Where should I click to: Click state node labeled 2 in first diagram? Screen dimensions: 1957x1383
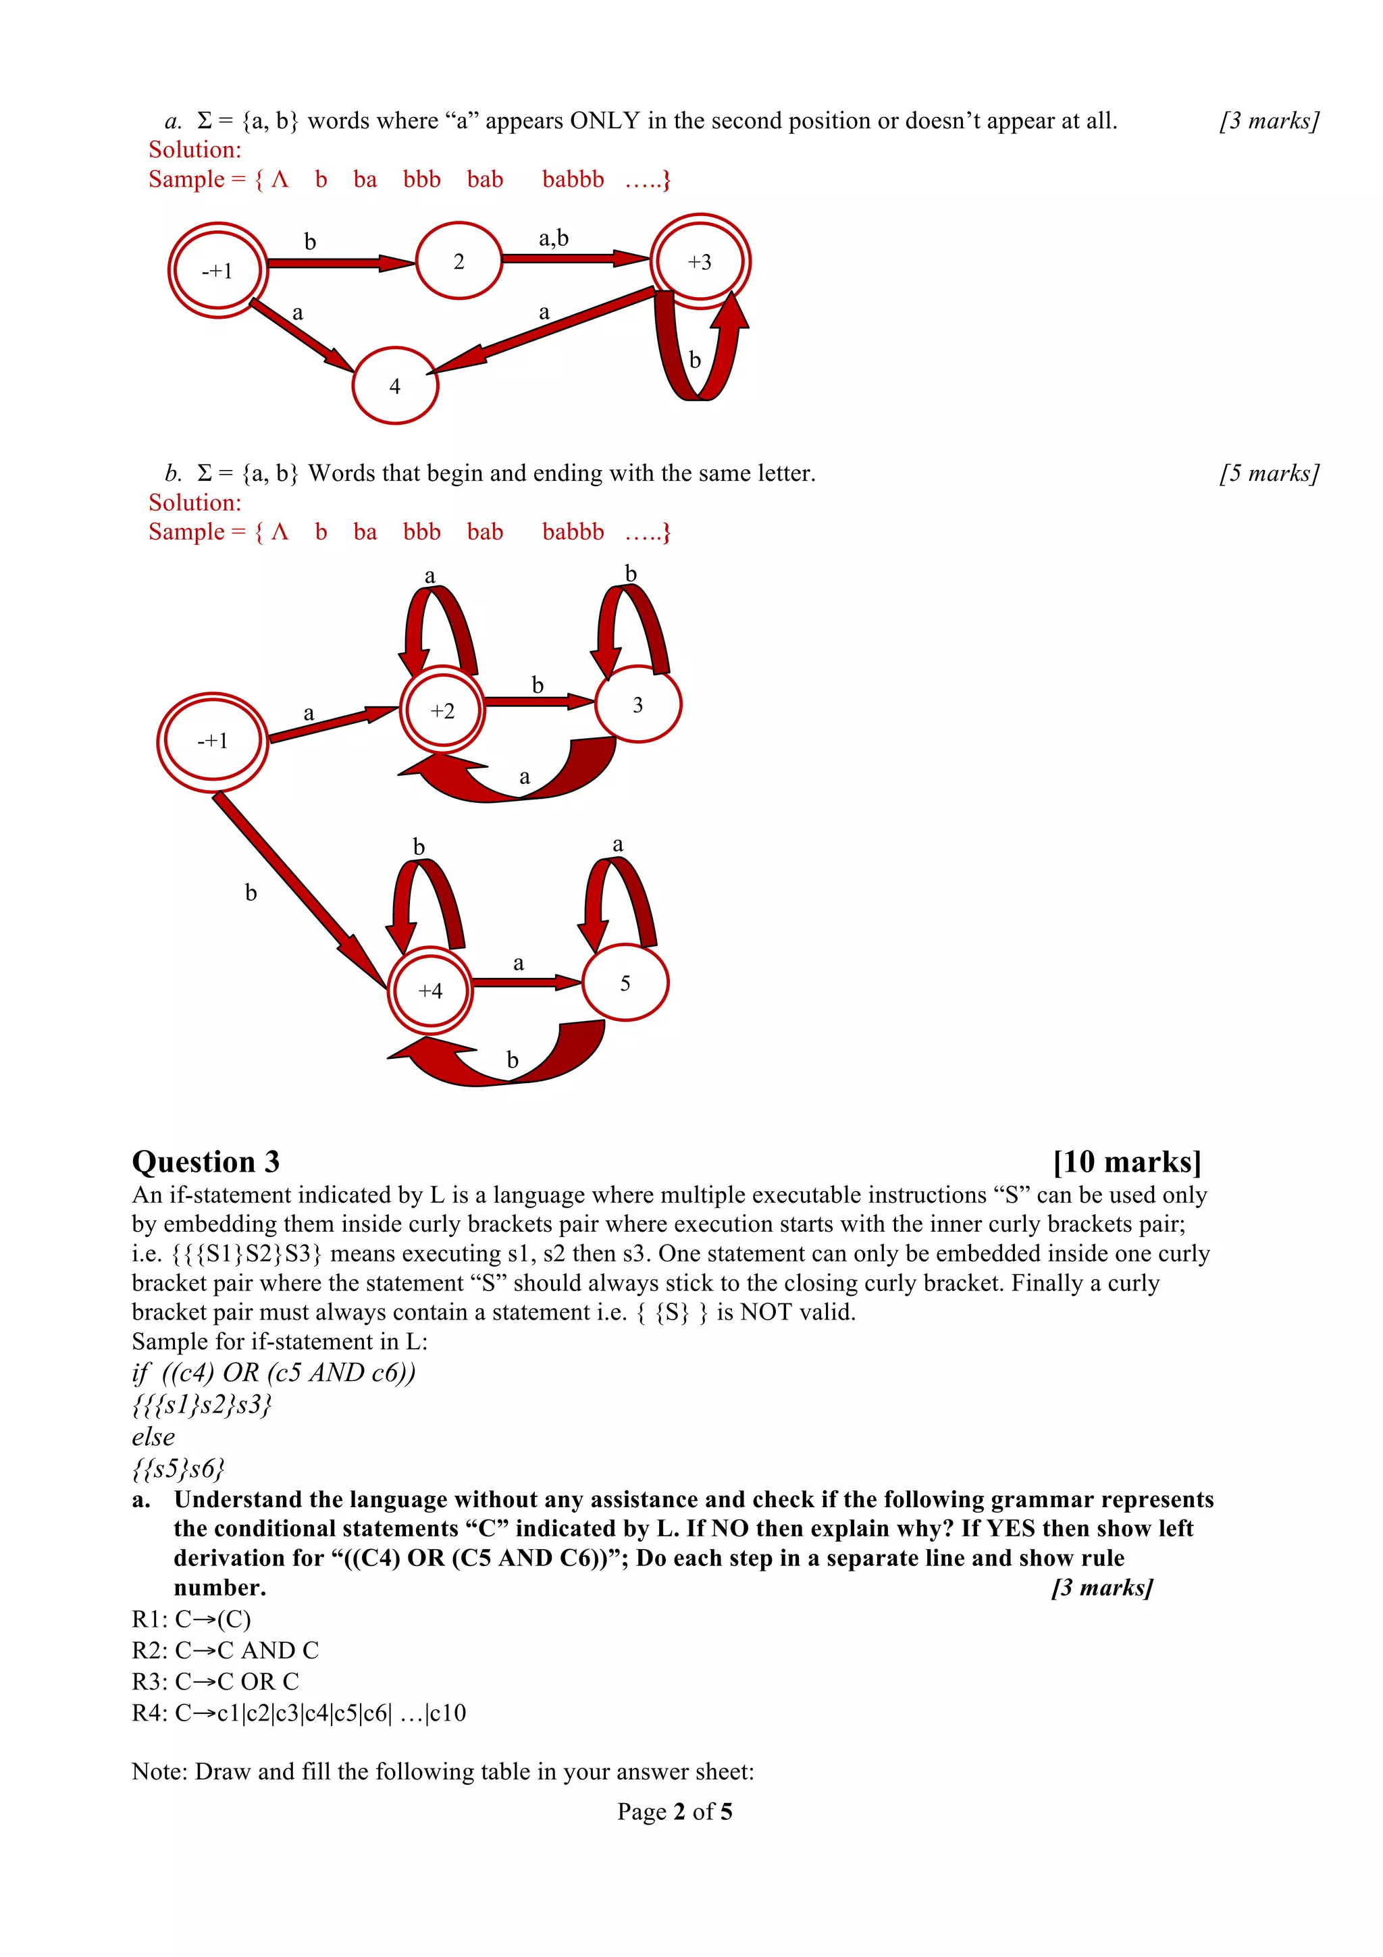(459, 261)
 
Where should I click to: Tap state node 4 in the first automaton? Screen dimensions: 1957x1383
(394, 386)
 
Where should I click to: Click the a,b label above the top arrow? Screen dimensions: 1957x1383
(553, 238)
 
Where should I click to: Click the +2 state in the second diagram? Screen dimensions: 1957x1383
(442, 710)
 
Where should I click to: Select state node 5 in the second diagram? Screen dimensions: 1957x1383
(625, 983)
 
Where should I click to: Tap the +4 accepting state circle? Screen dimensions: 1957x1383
(430, 991)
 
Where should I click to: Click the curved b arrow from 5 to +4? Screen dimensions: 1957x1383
(502, 1057)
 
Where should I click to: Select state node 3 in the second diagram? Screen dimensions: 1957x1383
(637, 705)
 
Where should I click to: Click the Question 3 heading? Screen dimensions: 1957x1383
(205, 1162)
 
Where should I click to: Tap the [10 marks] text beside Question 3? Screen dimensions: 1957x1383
(1126, 1162)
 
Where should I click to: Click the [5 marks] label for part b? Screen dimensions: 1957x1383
(1269, 473)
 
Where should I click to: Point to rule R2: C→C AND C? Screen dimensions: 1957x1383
(225, 1650)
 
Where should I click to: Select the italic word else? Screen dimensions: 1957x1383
(153, 1436)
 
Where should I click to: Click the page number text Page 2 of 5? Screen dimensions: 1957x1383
(674, 1811)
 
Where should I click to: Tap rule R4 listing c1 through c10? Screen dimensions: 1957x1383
(298, 1713)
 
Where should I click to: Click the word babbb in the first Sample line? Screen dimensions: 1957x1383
(573, 180)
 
